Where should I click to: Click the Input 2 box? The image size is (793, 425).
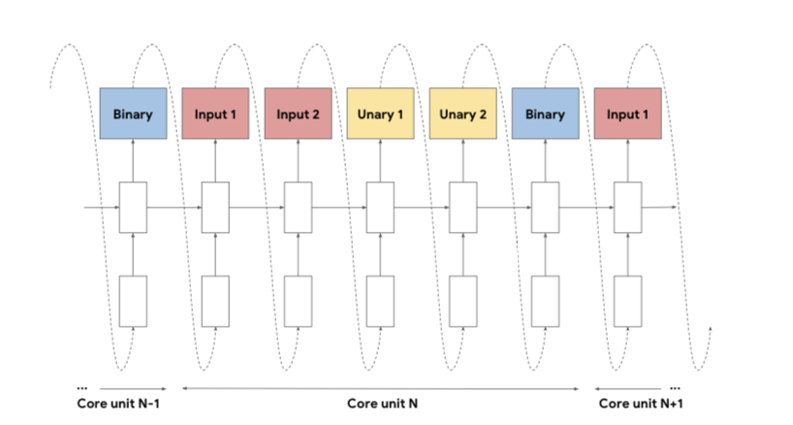pyautogui.click(x=298, y=114)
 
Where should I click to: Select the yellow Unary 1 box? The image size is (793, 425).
pyautogui.click(x=380, y=114)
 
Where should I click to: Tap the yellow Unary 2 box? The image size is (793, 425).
pyautogui.click(x=462, y=114)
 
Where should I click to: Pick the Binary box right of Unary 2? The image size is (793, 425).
pyautogui.click(x=545, y=114)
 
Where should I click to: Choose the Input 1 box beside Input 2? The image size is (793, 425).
pyautogui.click(x=215, y=114)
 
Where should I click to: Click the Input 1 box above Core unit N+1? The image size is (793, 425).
pyautogui.click(x=627, y=114)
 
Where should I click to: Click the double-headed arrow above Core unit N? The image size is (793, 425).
pyautogui.click(x=381, y=387)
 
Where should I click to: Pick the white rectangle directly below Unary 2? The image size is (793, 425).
pyautogui.click(x=462, y=207)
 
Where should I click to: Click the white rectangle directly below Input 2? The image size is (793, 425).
pyautogui.click(x=298, y=207)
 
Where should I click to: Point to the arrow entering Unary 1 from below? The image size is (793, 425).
pyautogui.click(x=380, y=160)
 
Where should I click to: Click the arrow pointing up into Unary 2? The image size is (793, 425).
pyautogui.click(x=462, y=160)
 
